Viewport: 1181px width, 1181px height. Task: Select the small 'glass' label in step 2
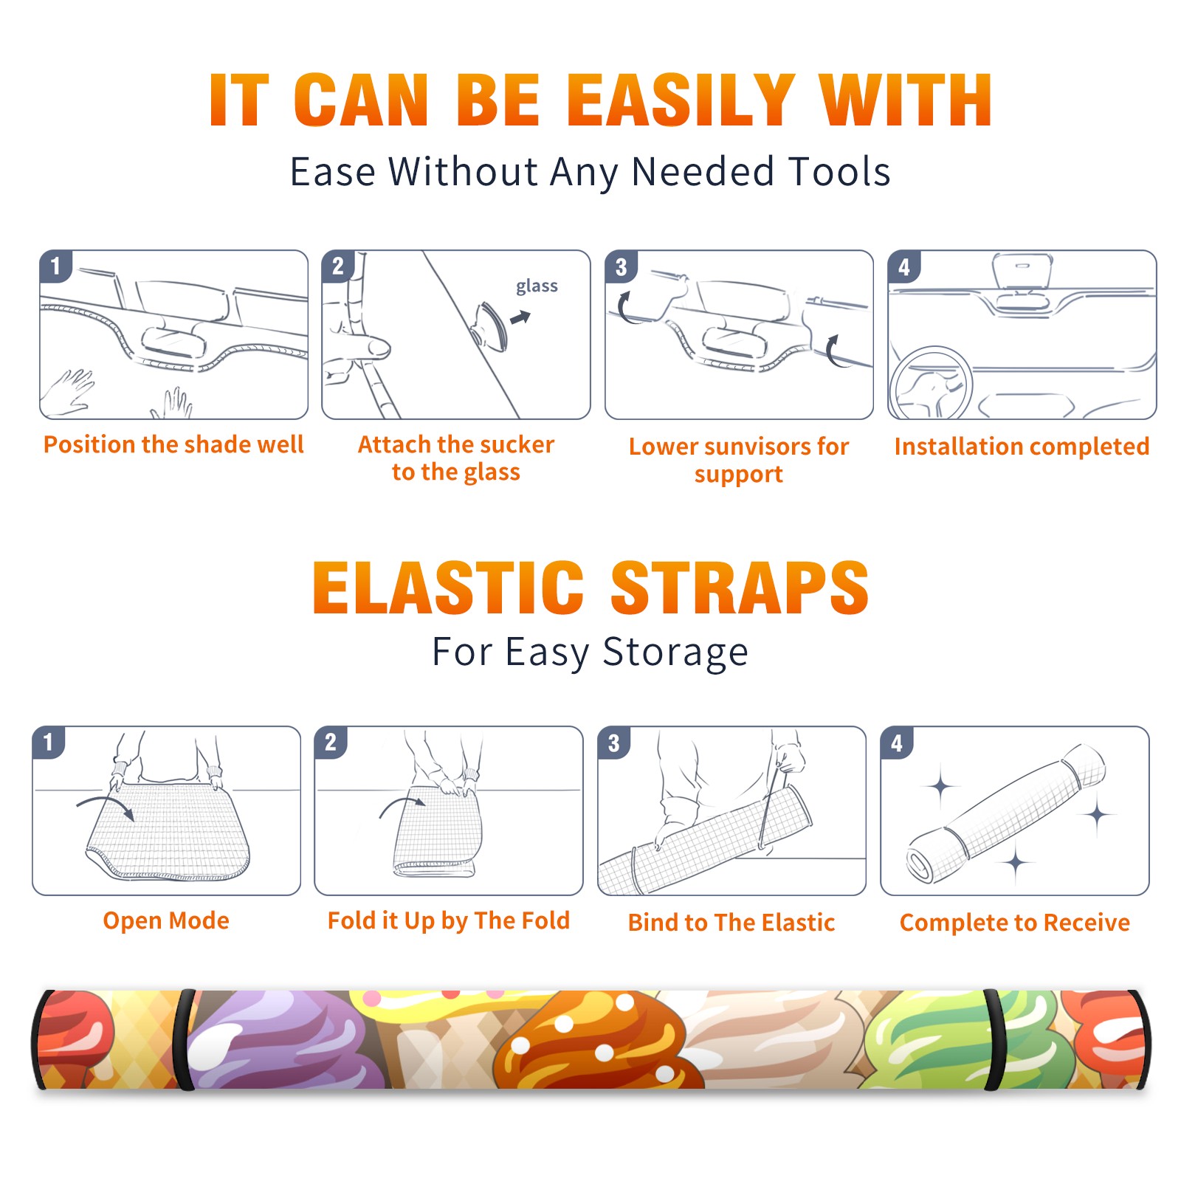pyautogui.click(x=537, y=286)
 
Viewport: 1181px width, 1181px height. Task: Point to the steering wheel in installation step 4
pyautogui.click(x=930, y=384)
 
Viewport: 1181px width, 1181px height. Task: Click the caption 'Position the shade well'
pyautogui.click(x=173, y=444)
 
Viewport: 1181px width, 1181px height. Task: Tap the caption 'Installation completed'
pyautogui.click(x=1022, y=447)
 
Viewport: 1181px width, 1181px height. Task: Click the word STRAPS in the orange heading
pyautogui.click(x=740, y=588)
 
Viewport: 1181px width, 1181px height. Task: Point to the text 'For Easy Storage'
pyautogui.click(x=590, y=652)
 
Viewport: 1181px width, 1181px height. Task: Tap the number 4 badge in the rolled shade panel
pyautogui.click(x=897, y=743)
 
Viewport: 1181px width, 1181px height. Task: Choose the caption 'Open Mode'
pyautogui.click(x=166, y=920)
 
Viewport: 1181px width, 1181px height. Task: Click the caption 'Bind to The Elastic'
pyautogui.click(x=731, y=923)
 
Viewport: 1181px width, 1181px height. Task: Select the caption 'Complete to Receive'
pyautogui.click(x=1015, y=923)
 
